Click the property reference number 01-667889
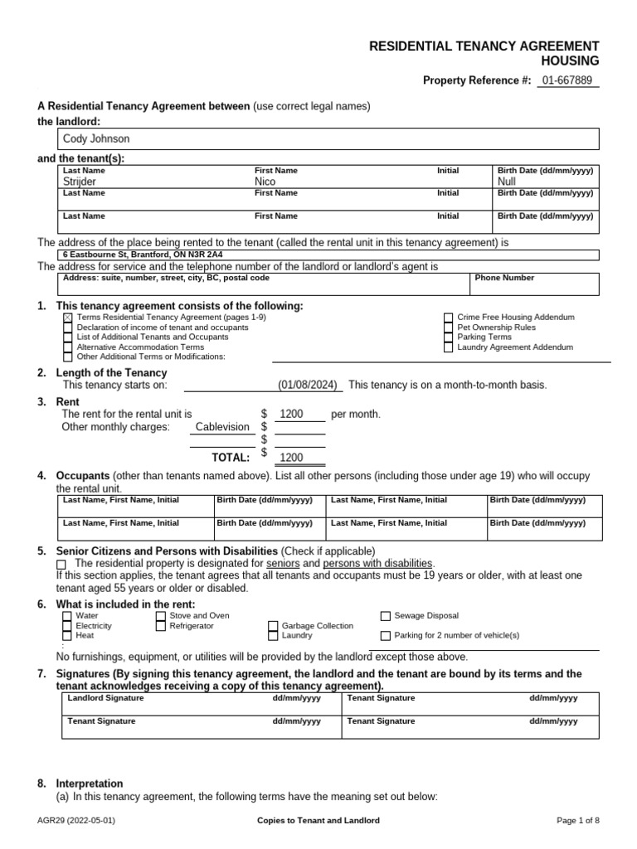pos(568,80)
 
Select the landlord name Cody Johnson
pos(96,139)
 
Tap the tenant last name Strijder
pos(80,182)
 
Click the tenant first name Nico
pos(265,182)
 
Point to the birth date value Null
pos(507,182)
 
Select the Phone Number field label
pos(504,279)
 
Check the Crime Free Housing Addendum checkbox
pos(449,318)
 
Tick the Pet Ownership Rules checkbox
pos(449,327)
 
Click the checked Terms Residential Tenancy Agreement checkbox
pos(68,318)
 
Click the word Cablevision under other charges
pos(221,427)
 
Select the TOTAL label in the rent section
pos(231,457)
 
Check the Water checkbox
pos(67,616)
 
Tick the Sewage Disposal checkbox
pos(386,616)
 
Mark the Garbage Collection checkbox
pos(273,626)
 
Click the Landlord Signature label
pos(105,699)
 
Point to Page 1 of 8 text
pos(577,821)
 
